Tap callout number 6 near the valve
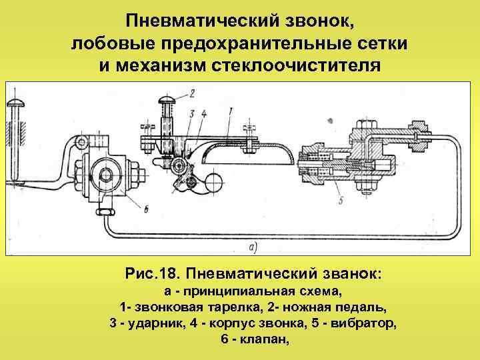[x=145, y=211]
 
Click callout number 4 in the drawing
[x=203, y=113]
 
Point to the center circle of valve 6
[x=105, y=175]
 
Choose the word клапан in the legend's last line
[x=267, y=339]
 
